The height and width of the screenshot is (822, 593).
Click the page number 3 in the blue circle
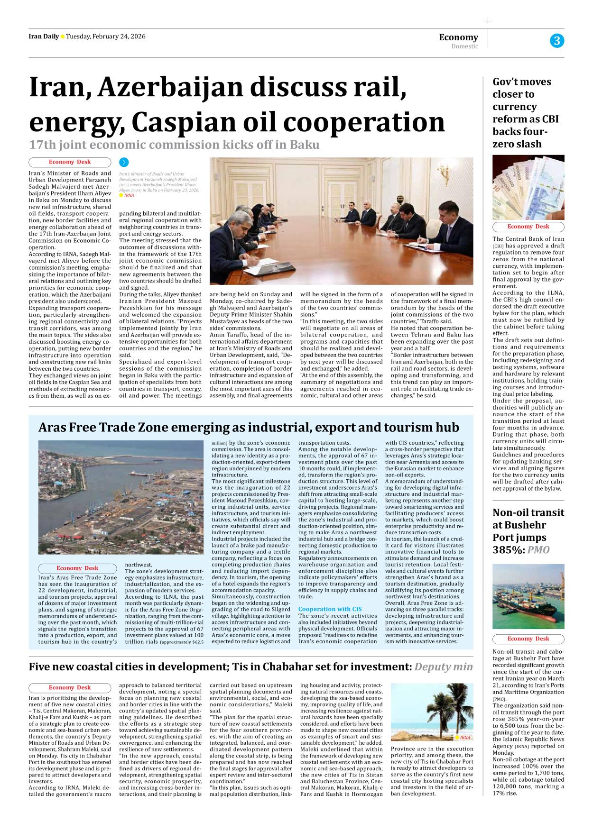click(556, 41)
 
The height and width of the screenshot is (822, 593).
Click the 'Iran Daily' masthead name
click(44, 37)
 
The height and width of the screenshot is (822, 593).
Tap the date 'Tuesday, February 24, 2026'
click(105, 37)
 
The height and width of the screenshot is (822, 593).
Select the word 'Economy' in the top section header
click(458, 37)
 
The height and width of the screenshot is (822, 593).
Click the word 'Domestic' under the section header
click(464, 46)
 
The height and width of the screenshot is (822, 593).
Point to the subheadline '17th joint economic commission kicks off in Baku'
click(174, 145)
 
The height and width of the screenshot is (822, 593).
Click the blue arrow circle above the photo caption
click(124, 163)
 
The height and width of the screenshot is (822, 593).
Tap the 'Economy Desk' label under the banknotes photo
click(528, 227)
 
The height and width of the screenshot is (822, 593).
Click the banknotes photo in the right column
click(528, 187)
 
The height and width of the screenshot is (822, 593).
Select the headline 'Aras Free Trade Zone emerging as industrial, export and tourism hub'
click(249, 428)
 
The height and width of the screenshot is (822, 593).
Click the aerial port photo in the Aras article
click(120, 497)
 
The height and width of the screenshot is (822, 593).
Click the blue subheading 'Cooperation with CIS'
click(330, 609)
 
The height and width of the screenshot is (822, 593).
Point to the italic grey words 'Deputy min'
click(443, 667)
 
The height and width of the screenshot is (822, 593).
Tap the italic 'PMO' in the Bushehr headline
click(538, 550)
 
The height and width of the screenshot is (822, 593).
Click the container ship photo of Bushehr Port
click(528, 596)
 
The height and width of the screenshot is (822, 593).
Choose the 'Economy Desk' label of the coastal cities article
click(70, 687)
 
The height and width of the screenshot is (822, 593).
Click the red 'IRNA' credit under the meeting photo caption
click(129, 195)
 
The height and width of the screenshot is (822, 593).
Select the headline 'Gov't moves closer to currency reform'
click(525, 113)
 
